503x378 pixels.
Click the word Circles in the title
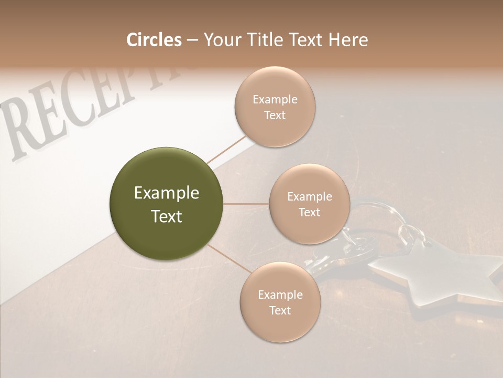pyautogui.click(x=154, y=40)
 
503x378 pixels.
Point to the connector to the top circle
pyautogui.click(x=226, y=149)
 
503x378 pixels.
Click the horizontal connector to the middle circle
pyautogui.click(x=246, y=204)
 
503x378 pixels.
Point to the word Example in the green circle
pyautogui.click(x=167, y=193)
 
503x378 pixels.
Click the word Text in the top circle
pyautogui.click(x=275, y=115)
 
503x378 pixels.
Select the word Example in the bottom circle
pyautogui.click(x=280, y=295)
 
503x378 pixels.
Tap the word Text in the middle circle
pyautogui.click(x=309, y=213)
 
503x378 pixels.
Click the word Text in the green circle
pyautogui.click(x=167, y=216)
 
